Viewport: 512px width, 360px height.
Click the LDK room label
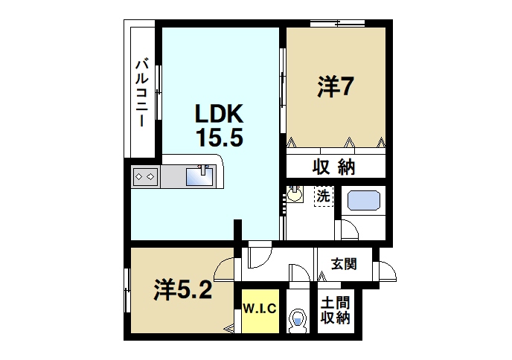[219, 114]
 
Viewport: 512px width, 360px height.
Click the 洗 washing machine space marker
[323, 197]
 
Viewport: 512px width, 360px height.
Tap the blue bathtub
[365, 202]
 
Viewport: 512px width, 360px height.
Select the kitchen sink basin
[200, 176]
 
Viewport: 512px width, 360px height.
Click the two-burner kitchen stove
[144, 177]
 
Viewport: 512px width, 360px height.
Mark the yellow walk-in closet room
[260, 312]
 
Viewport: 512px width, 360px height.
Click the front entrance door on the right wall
[386, 273]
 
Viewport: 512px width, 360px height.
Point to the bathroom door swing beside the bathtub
[348, 230]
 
